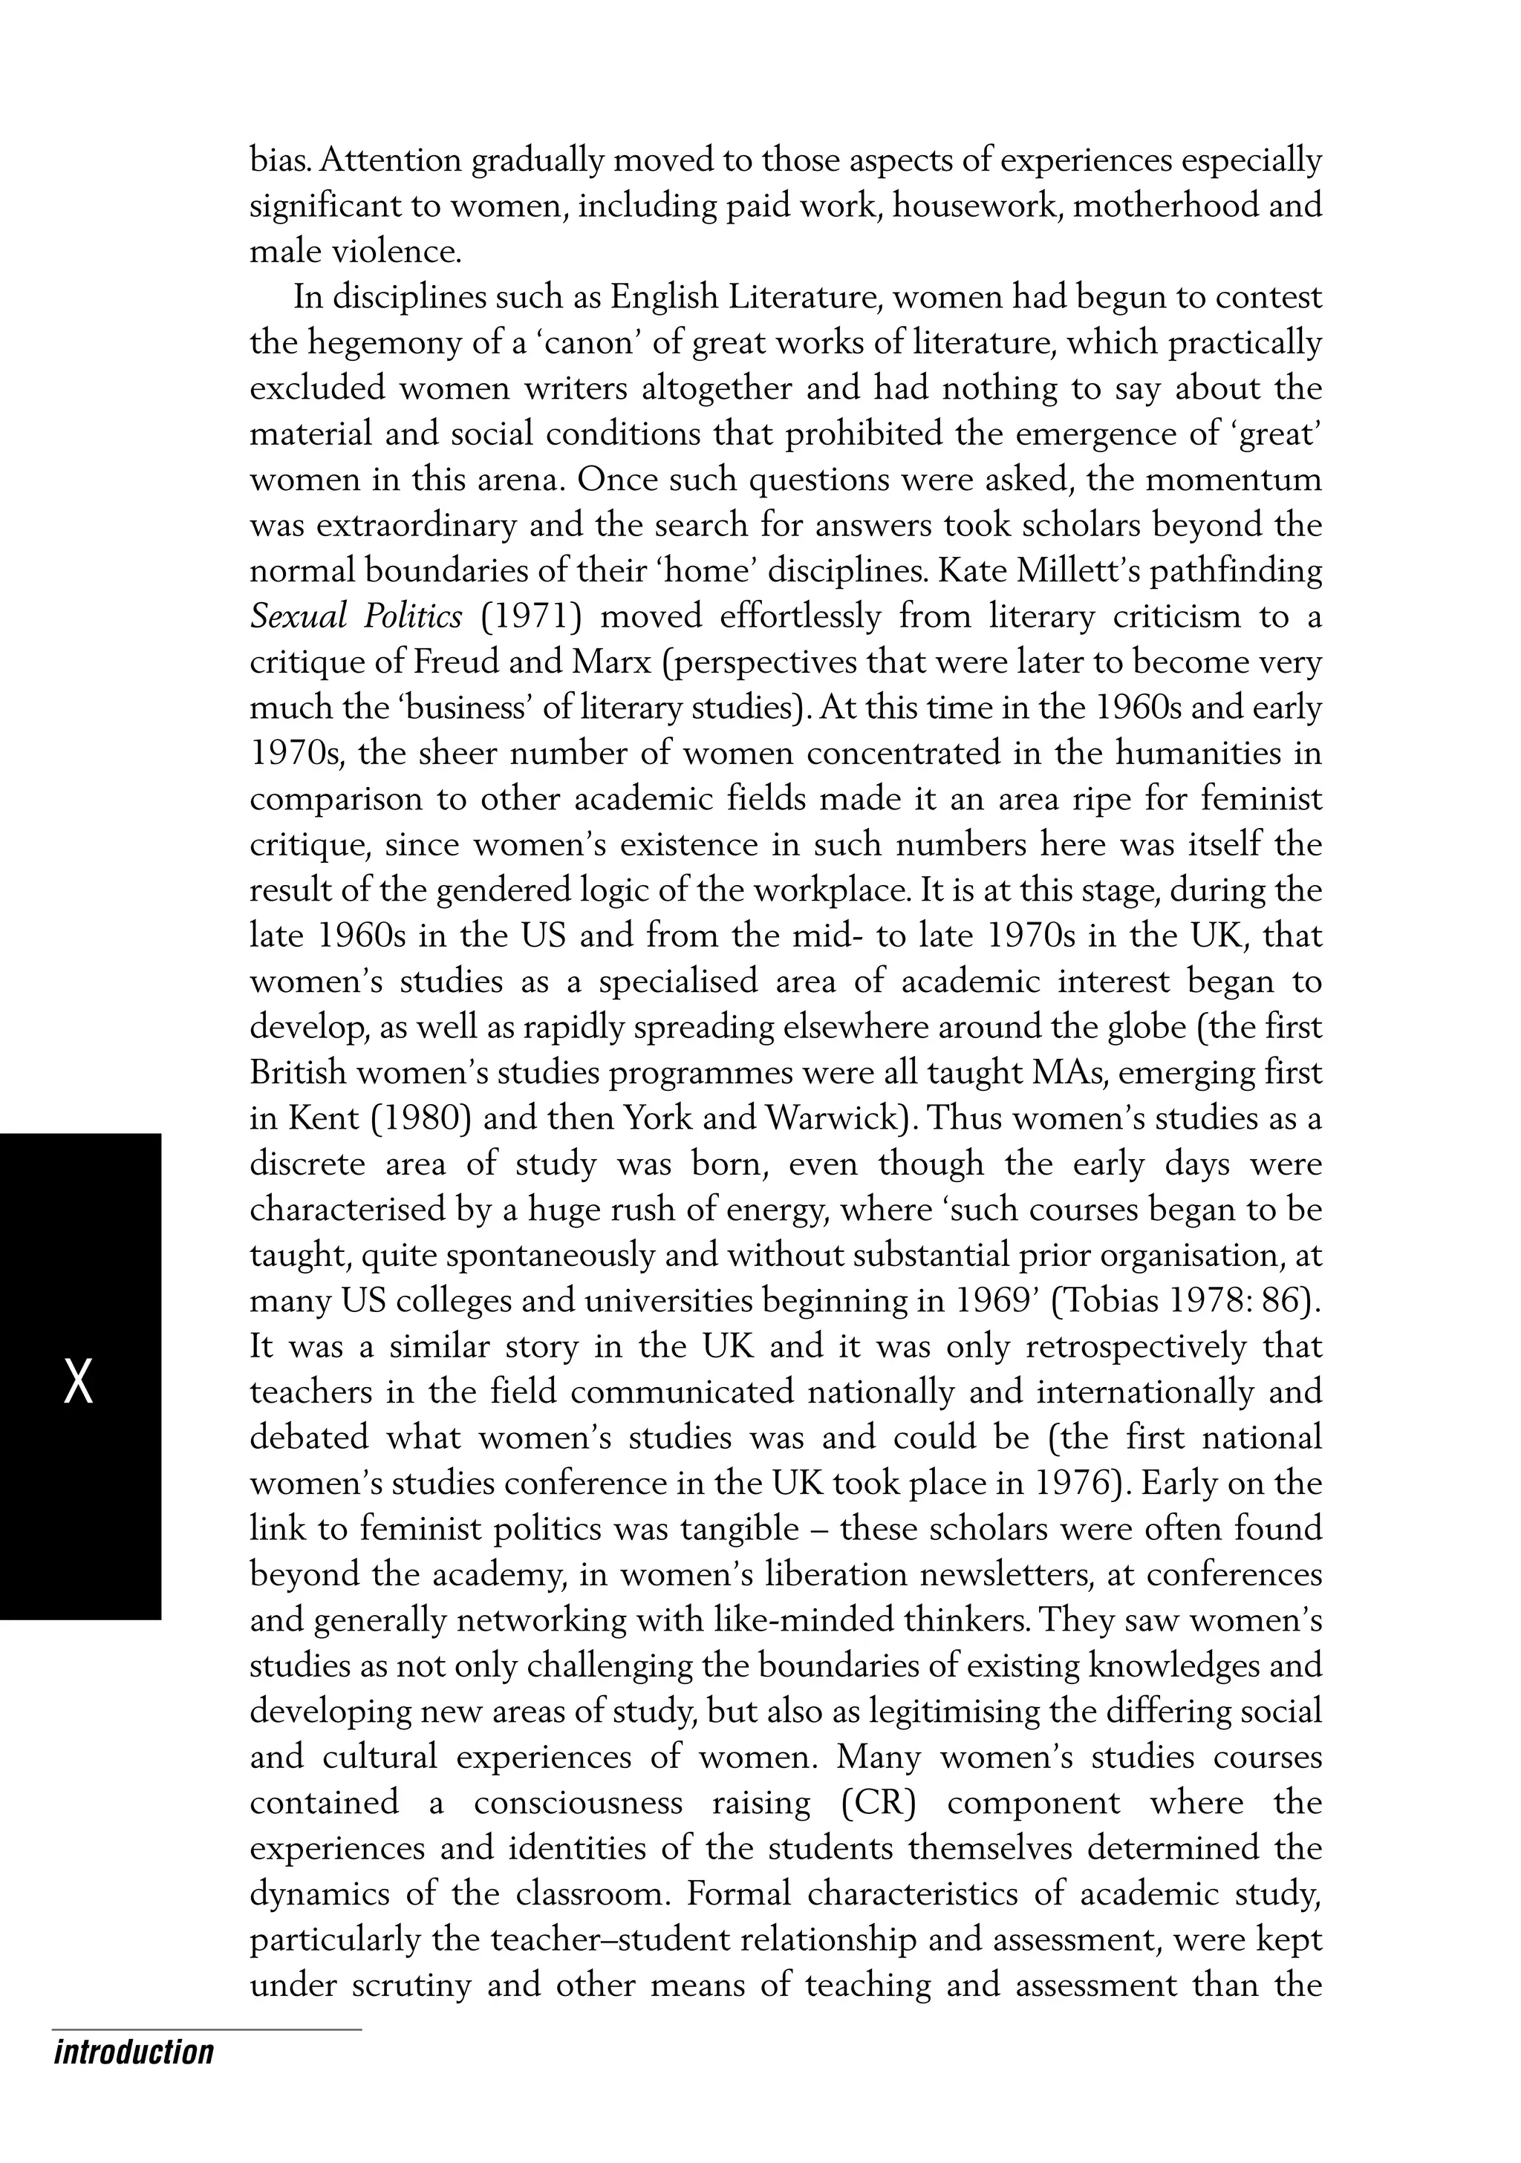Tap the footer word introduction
pos(134,2051)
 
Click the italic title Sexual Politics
pos(356,616)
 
